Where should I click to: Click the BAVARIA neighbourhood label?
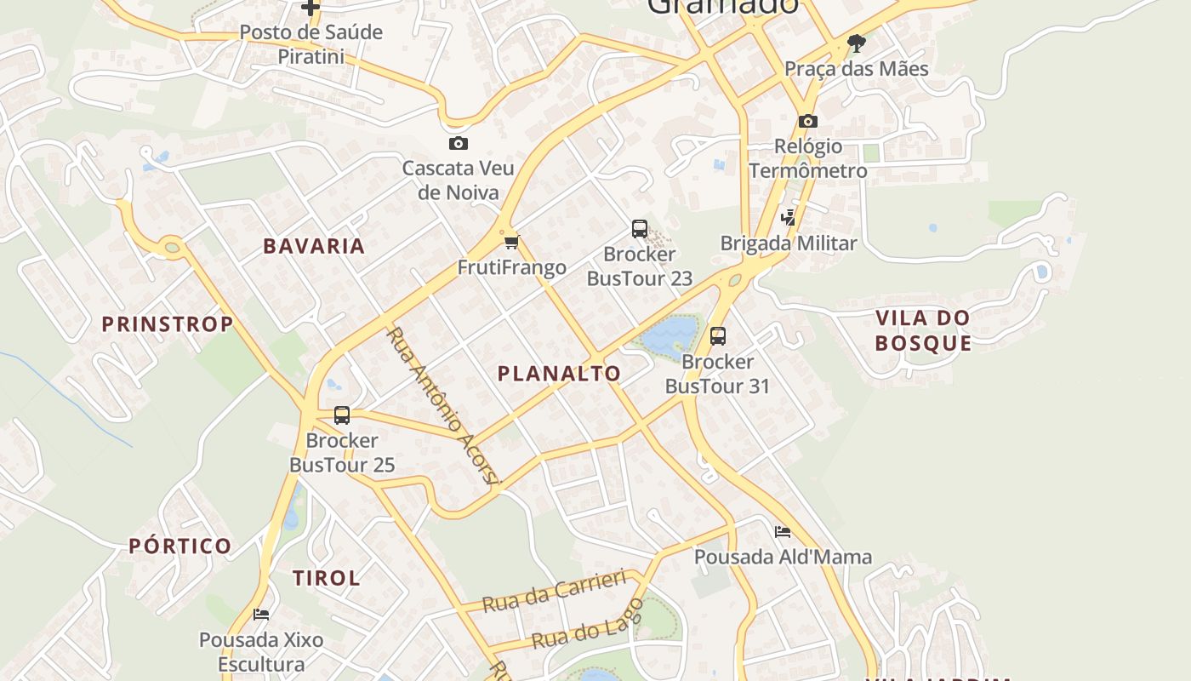tap(313, 246)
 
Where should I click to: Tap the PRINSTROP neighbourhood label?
tap(167, 323)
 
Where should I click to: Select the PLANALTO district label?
tap(559, 373)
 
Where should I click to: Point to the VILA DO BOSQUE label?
tap(923, 330)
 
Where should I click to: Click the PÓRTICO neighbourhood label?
tap(180, 546)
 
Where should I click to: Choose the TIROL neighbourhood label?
tap(326, 578)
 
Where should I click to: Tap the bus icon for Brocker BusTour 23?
tap(640, 229)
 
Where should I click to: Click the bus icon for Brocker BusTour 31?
tap(718, 336)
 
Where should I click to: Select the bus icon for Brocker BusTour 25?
tap(342, 415)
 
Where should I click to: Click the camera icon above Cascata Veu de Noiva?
tap(458, 143)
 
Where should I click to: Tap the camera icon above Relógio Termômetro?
tap(808, 121)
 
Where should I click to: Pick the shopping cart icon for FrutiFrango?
tap(511, 243)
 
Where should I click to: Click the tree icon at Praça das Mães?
tap(857, 43)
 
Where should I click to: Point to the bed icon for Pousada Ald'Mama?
tap(783, 532)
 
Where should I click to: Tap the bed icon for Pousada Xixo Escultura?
tap(261, 614)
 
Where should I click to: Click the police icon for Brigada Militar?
tap(789, 218)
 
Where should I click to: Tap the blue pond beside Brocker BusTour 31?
tap(669, 334)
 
